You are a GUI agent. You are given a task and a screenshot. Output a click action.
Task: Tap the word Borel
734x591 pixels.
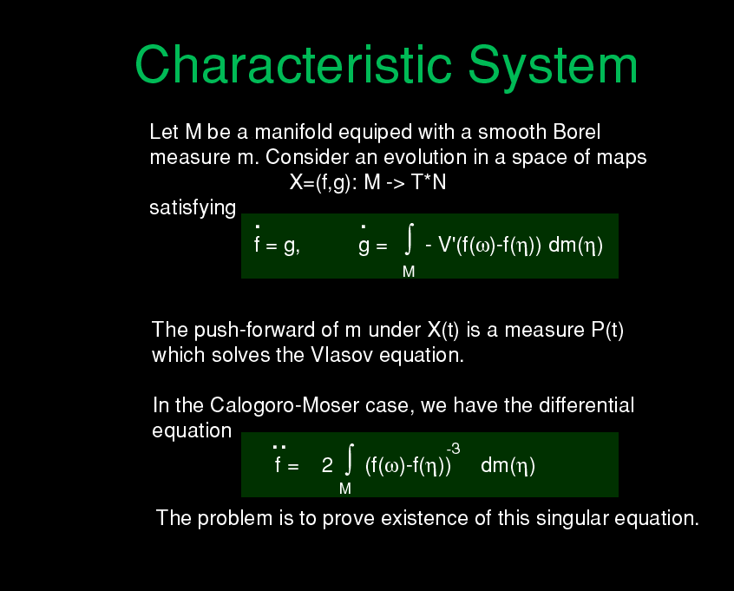[x=576, y=132]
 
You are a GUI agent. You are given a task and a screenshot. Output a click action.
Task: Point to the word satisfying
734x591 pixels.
[x=193, y=207]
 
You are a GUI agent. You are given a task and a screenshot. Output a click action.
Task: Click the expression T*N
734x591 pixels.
[x=429, y=182]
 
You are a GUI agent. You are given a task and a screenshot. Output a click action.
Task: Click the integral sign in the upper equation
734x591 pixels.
[x=410, y=240]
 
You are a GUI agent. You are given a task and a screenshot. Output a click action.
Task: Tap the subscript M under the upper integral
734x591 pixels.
[x=409, y=272]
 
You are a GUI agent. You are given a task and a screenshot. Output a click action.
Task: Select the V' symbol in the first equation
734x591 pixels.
[x=446, y=245]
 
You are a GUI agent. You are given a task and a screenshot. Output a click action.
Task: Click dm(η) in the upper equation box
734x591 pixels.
[x=575, y=246]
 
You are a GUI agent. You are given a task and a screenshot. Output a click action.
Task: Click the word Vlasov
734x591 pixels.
[x=342, y=355]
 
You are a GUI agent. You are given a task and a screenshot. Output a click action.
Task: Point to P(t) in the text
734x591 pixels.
[x=607, y=330]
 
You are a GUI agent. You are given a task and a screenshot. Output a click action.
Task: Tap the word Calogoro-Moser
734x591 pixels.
[x=285, y=405]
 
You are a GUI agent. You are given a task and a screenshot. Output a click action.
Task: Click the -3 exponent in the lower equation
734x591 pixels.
[x=454, y=449]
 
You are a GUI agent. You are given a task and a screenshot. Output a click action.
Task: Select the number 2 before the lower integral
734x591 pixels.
[x=327, y=465]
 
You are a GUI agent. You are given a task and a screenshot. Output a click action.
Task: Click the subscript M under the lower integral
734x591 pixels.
[x=345, y=489]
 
